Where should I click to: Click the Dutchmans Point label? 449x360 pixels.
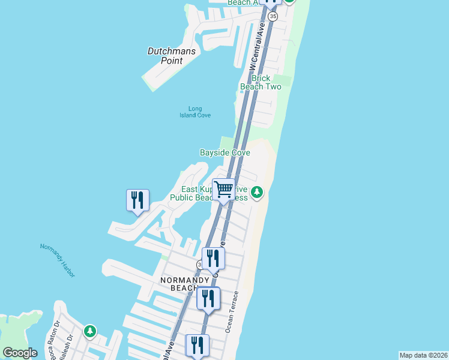[x=172, y=56]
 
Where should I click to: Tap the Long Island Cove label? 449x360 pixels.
[x=195, y=112]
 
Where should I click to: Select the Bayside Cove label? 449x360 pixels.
[x=224, y=153]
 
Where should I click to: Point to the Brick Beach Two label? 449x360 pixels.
[x=261, y=82]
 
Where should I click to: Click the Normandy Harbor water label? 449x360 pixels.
[x=58, y=260]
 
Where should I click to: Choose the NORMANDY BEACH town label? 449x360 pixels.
[x=184, y=284]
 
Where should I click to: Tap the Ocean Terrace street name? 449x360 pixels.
[x=232, y=311]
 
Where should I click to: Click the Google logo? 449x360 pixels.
[x=20, y=353]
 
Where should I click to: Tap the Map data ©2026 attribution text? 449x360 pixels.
[x=423, y=355]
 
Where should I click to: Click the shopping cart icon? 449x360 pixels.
[x=223, y=190]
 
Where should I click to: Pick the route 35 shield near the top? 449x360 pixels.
[x=273, y=16]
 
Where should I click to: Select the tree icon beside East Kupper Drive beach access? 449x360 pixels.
[x=257, y=192]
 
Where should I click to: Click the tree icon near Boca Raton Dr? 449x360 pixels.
[x=89, y=331]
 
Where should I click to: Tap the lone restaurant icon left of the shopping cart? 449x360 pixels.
[x=137, y=200]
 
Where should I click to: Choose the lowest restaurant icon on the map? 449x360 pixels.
[x=196, y=345]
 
